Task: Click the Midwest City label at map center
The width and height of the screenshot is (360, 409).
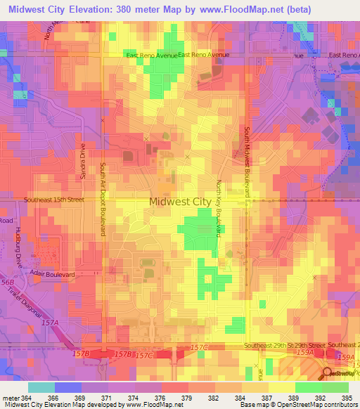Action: pyautogui.click(x=180, y=202)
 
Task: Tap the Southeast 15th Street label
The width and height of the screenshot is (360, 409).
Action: pyautogui.click(x=53, y=200)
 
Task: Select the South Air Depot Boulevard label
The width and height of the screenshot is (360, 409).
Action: pyautogui.click(x=102, y=199)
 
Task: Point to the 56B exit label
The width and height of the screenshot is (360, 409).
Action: pyautogui.click(x=7, y=282)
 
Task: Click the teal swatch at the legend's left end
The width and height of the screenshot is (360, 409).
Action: pyautogui.click(x=41, y=387)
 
